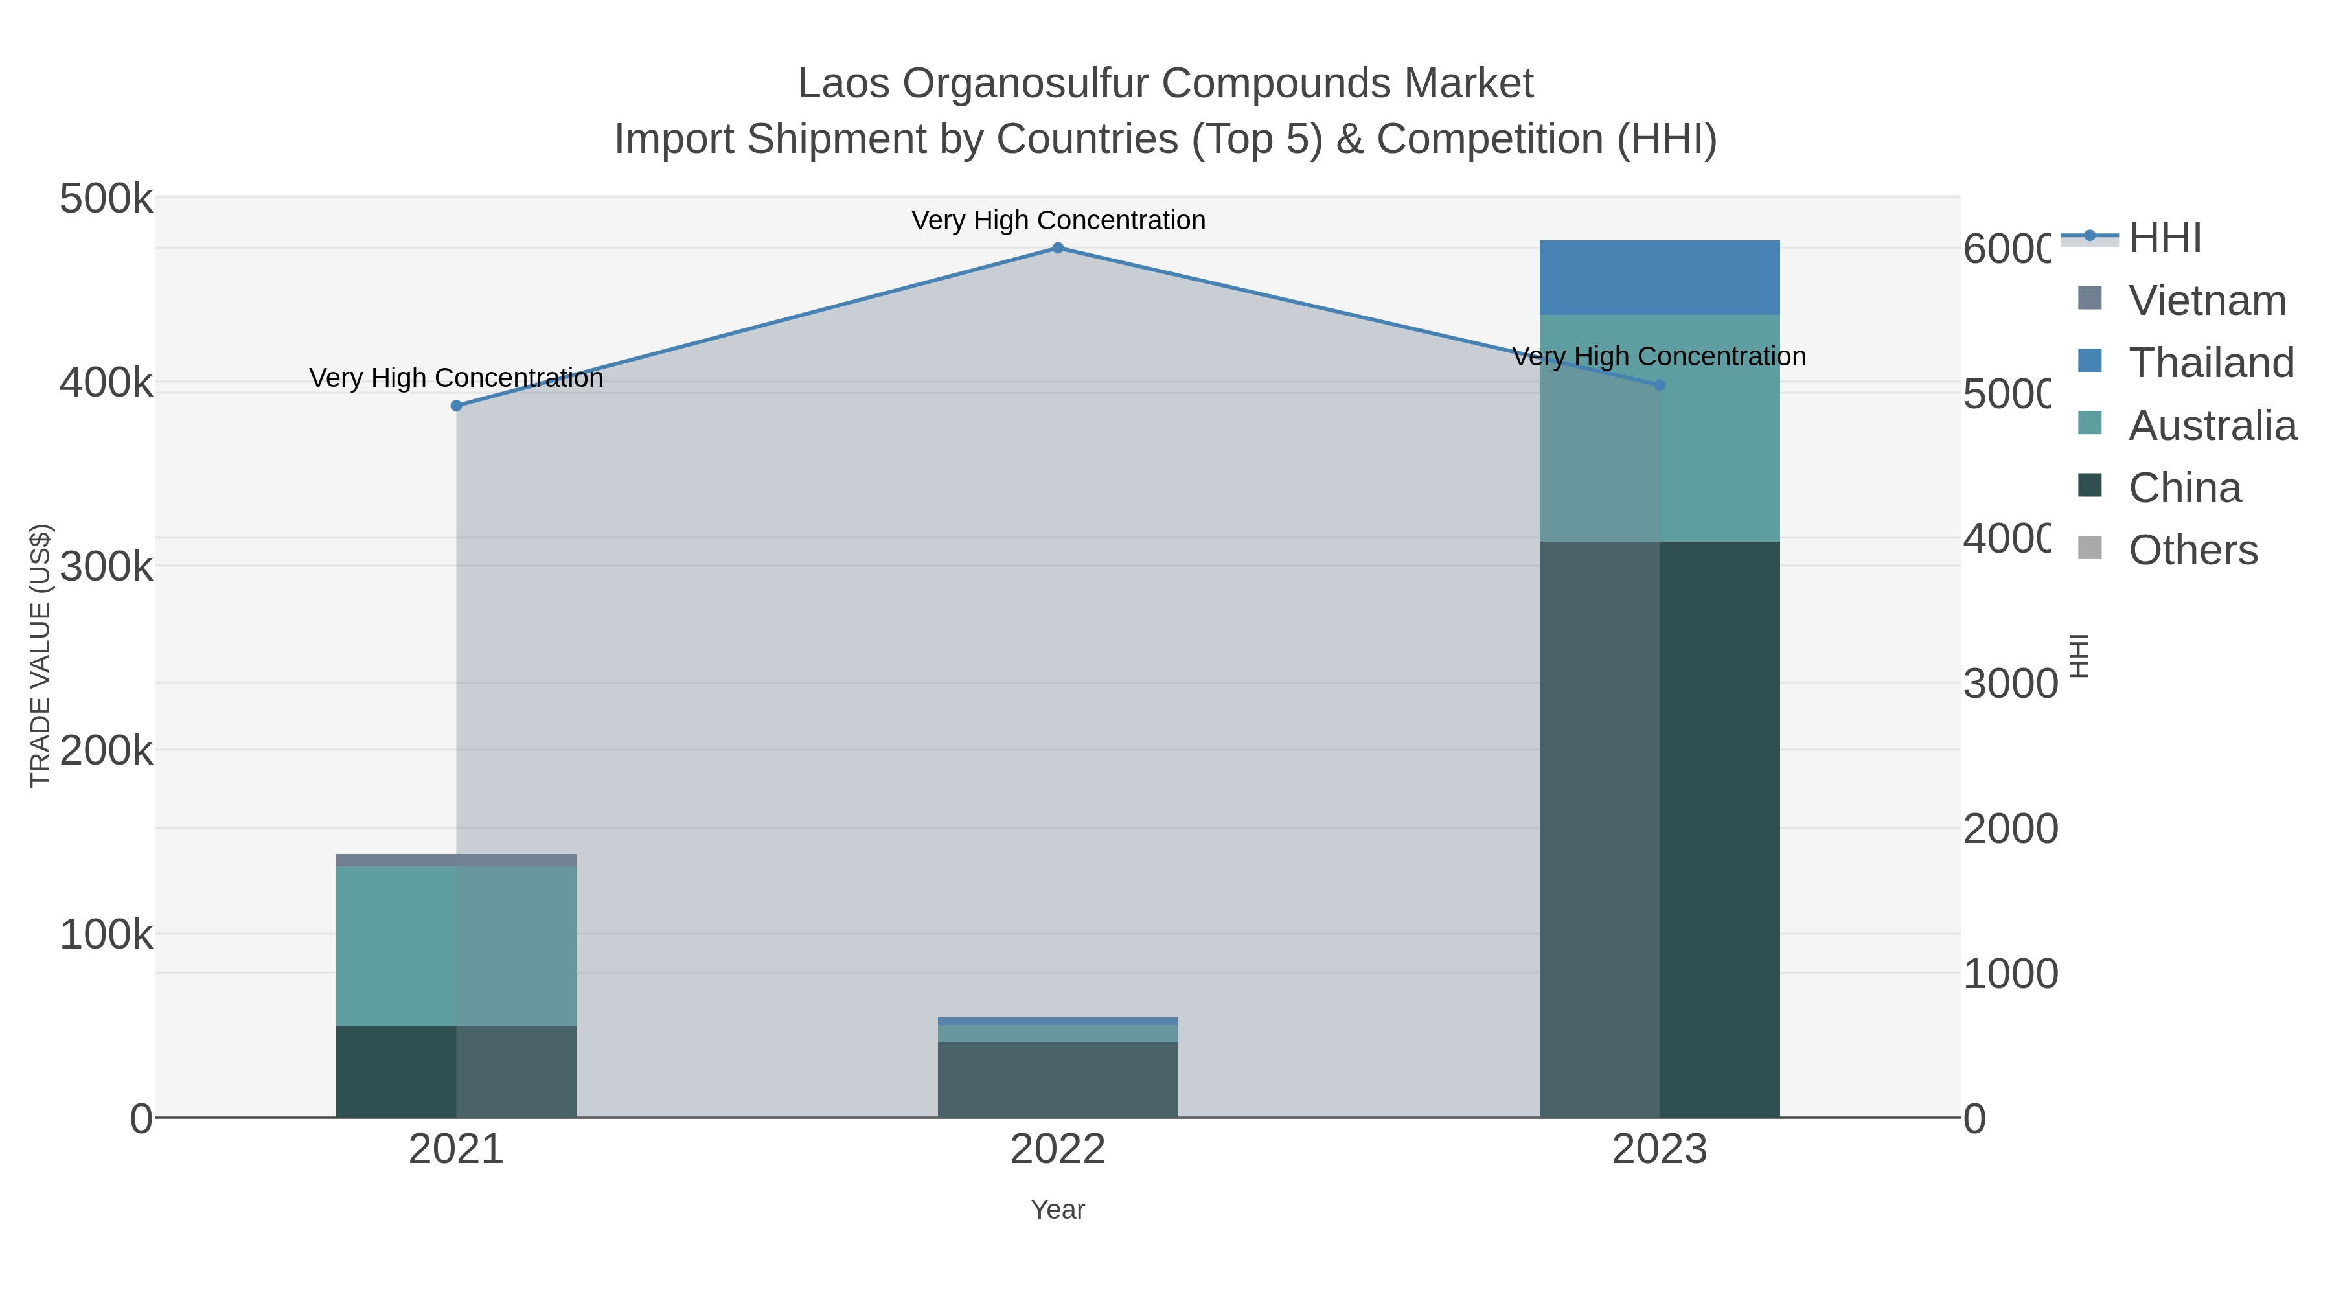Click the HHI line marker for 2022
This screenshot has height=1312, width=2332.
click(1057, 248)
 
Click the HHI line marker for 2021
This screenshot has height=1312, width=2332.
click(456, 406)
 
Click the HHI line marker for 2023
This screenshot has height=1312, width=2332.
click(1660, 385)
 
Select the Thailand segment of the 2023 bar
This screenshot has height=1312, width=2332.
click(1660, 278)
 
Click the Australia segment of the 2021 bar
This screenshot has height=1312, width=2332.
click(456, 946)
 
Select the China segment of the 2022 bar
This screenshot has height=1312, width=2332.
click(1057, 1080)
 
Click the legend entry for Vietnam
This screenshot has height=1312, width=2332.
click(2206, 301)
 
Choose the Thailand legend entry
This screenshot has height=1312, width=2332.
click(2211, 363)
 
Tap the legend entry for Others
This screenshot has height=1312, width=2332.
click(2193, 551)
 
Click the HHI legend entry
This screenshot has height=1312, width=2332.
click(2164, 238)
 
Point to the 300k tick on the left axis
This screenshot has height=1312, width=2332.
click(107, 568)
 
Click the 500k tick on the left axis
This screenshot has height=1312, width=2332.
click(107, 199)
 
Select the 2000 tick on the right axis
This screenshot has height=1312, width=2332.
click(2009, 829)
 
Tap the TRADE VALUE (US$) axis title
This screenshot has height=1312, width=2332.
click(41, 656)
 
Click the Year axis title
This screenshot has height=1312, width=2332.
click(1057, 1210)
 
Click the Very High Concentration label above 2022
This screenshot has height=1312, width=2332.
click(1057, 220)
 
